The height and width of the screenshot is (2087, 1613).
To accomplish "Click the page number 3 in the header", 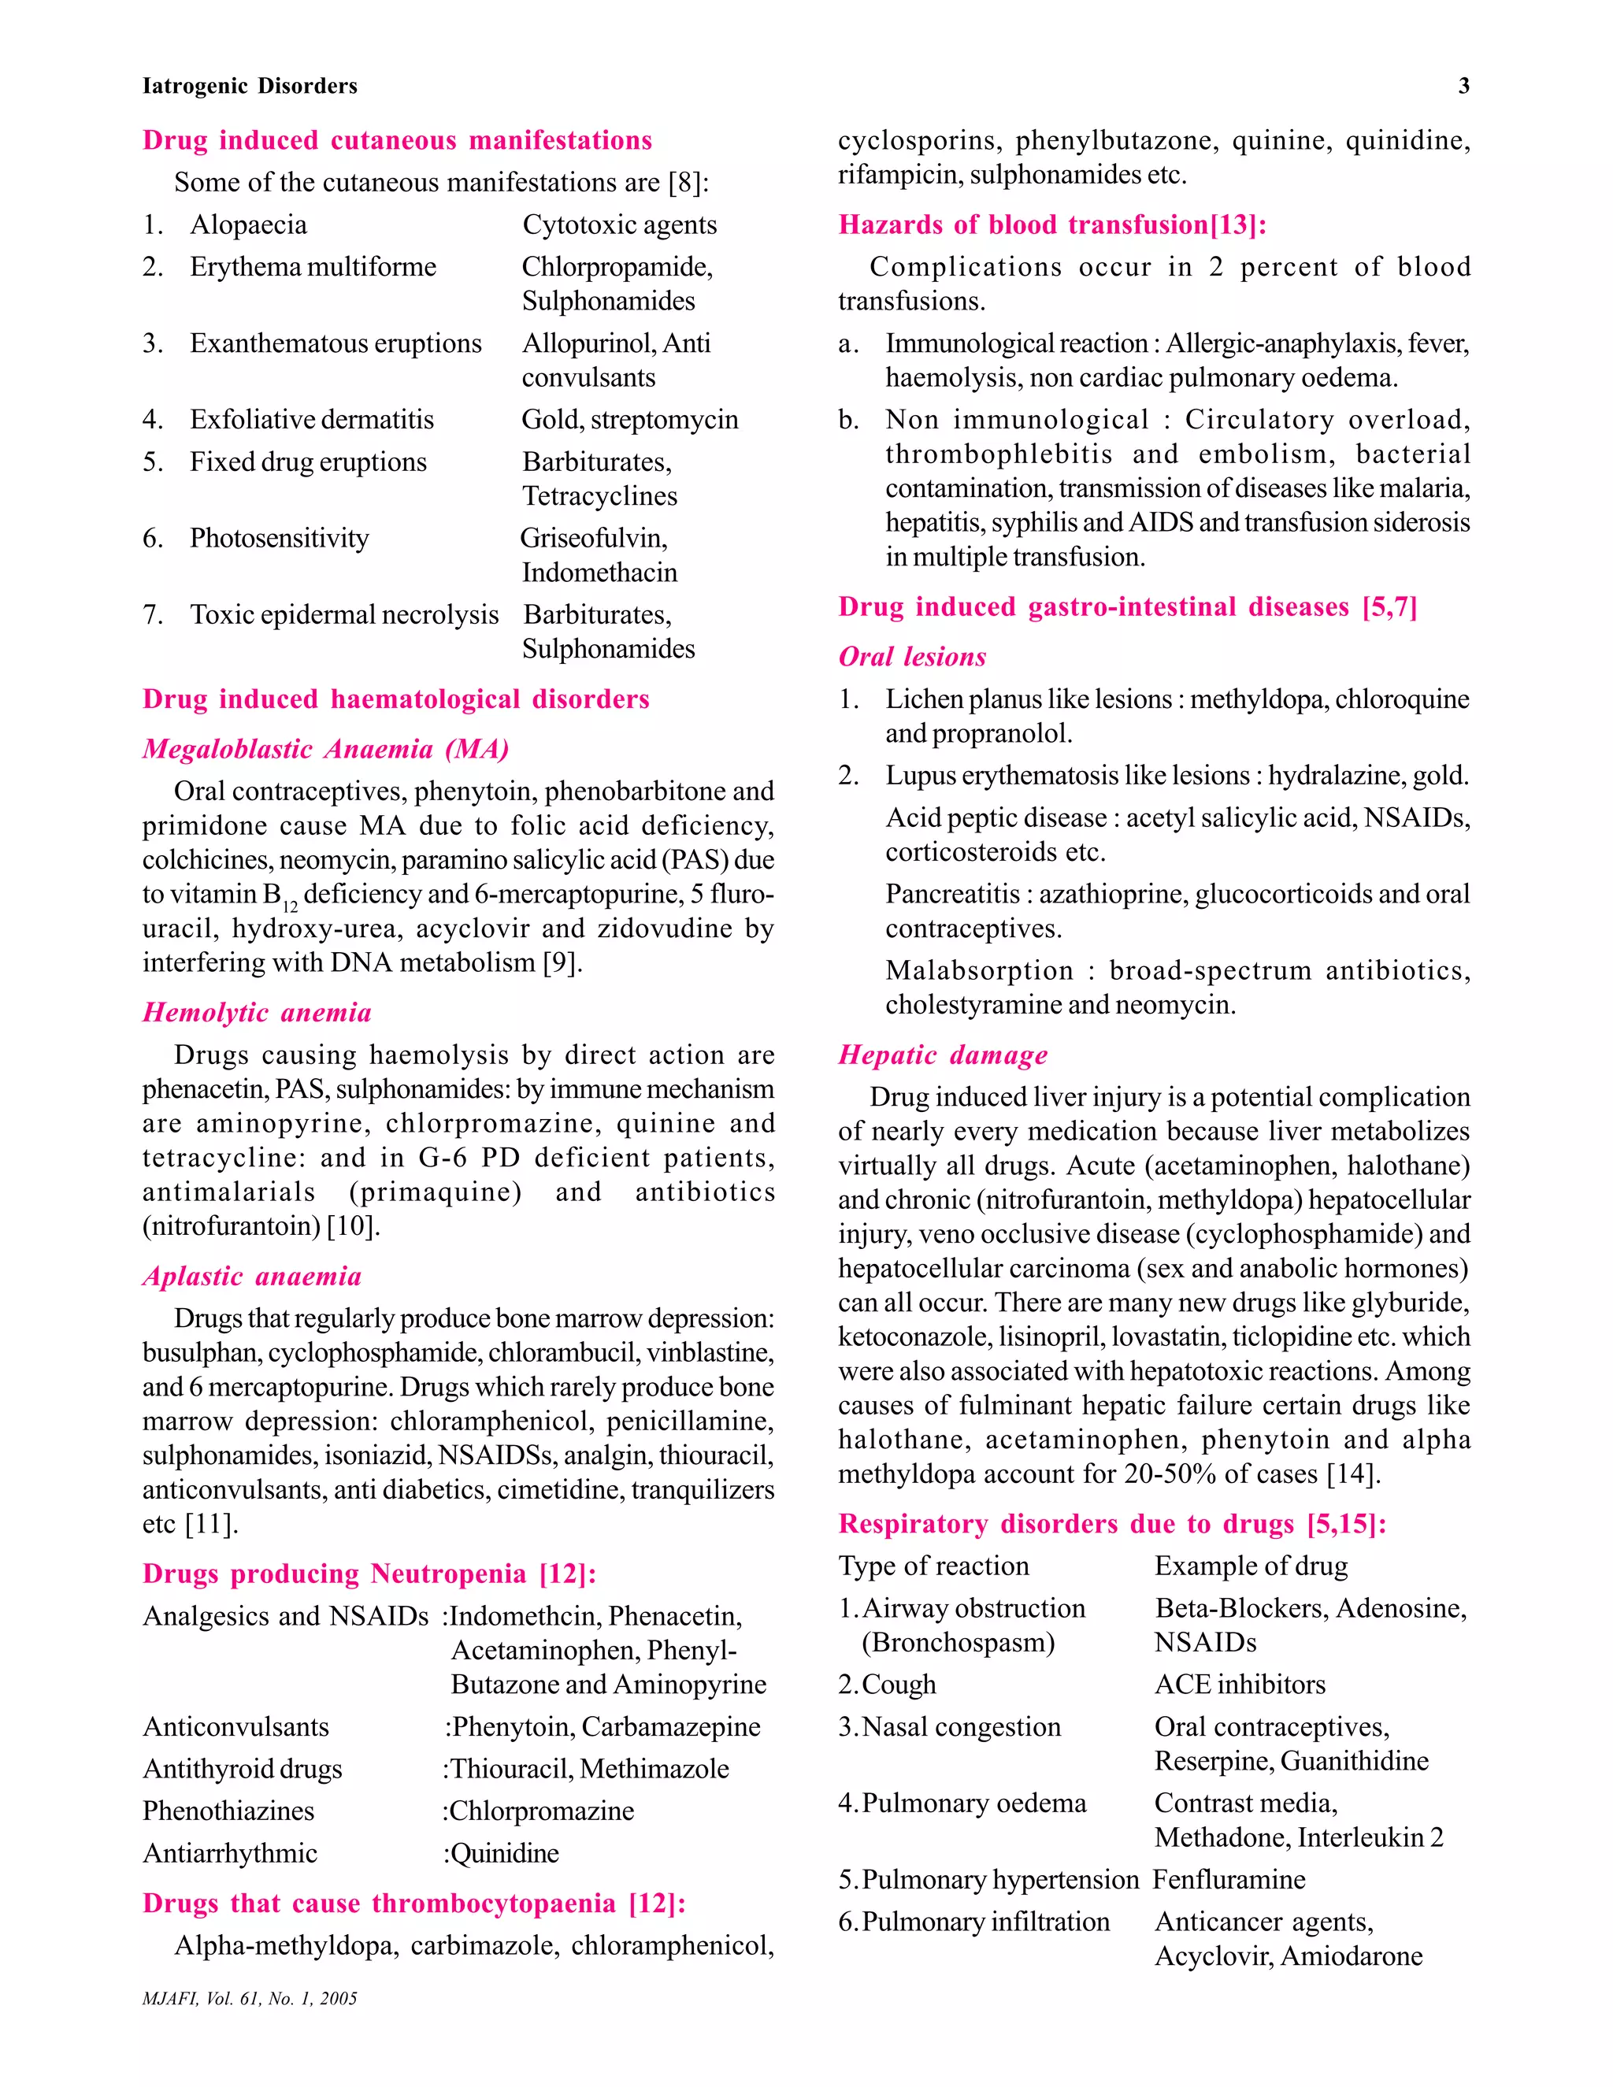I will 1463,86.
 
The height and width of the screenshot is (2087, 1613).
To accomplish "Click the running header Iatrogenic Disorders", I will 250,86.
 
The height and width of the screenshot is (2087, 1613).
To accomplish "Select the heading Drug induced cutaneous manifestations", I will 397,140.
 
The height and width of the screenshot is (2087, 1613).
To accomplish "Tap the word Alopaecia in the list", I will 248,224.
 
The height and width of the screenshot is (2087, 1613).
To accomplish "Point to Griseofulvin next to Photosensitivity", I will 593,538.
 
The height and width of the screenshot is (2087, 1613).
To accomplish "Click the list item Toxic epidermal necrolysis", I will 344,614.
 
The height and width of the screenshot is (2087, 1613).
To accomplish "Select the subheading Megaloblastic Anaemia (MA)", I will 325,749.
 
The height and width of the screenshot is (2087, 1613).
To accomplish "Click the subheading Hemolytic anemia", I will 256,1013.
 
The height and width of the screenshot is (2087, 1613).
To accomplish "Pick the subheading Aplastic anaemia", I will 251,1277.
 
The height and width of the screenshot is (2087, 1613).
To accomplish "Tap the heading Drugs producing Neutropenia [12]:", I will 369,1574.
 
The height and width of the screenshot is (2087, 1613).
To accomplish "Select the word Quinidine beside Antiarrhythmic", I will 503,1853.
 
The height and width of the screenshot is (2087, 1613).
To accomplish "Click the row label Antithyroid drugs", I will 242,1769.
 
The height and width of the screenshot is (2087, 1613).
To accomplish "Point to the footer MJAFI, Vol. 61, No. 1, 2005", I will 250,1998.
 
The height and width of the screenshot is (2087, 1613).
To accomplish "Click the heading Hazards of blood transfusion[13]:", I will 1051,224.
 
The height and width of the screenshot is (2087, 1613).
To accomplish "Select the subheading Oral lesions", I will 911,658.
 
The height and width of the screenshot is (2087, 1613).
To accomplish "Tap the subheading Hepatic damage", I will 942,1055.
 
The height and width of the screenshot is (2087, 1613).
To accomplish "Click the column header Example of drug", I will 1250,1566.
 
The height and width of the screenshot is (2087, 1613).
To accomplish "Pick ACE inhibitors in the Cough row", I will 1240,1685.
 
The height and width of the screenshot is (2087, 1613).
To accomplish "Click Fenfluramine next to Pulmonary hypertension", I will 1228,1880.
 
